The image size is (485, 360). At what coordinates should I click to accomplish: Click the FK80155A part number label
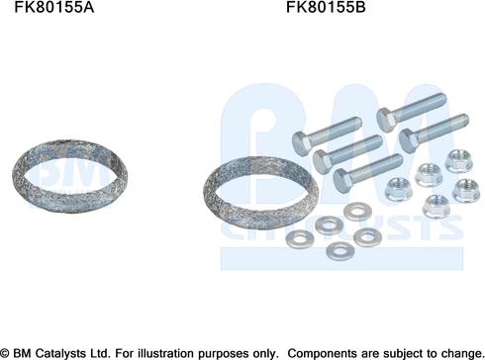(54, 7)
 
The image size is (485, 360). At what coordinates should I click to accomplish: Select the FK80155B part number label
(326, 7)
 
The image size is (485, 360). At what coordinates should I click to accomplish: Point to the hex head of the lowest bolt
(342, 180)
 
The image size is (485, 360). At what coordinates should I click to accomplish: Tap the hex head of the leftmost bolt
(301, 142)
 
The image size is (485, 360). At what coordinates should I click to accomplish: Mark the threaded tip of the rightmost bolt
(463, 120)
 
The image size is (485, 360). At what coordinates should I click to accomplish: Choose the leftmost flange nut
(398, 189)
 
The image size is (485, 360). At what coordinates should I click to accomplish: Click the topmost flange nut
(457, 161)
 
